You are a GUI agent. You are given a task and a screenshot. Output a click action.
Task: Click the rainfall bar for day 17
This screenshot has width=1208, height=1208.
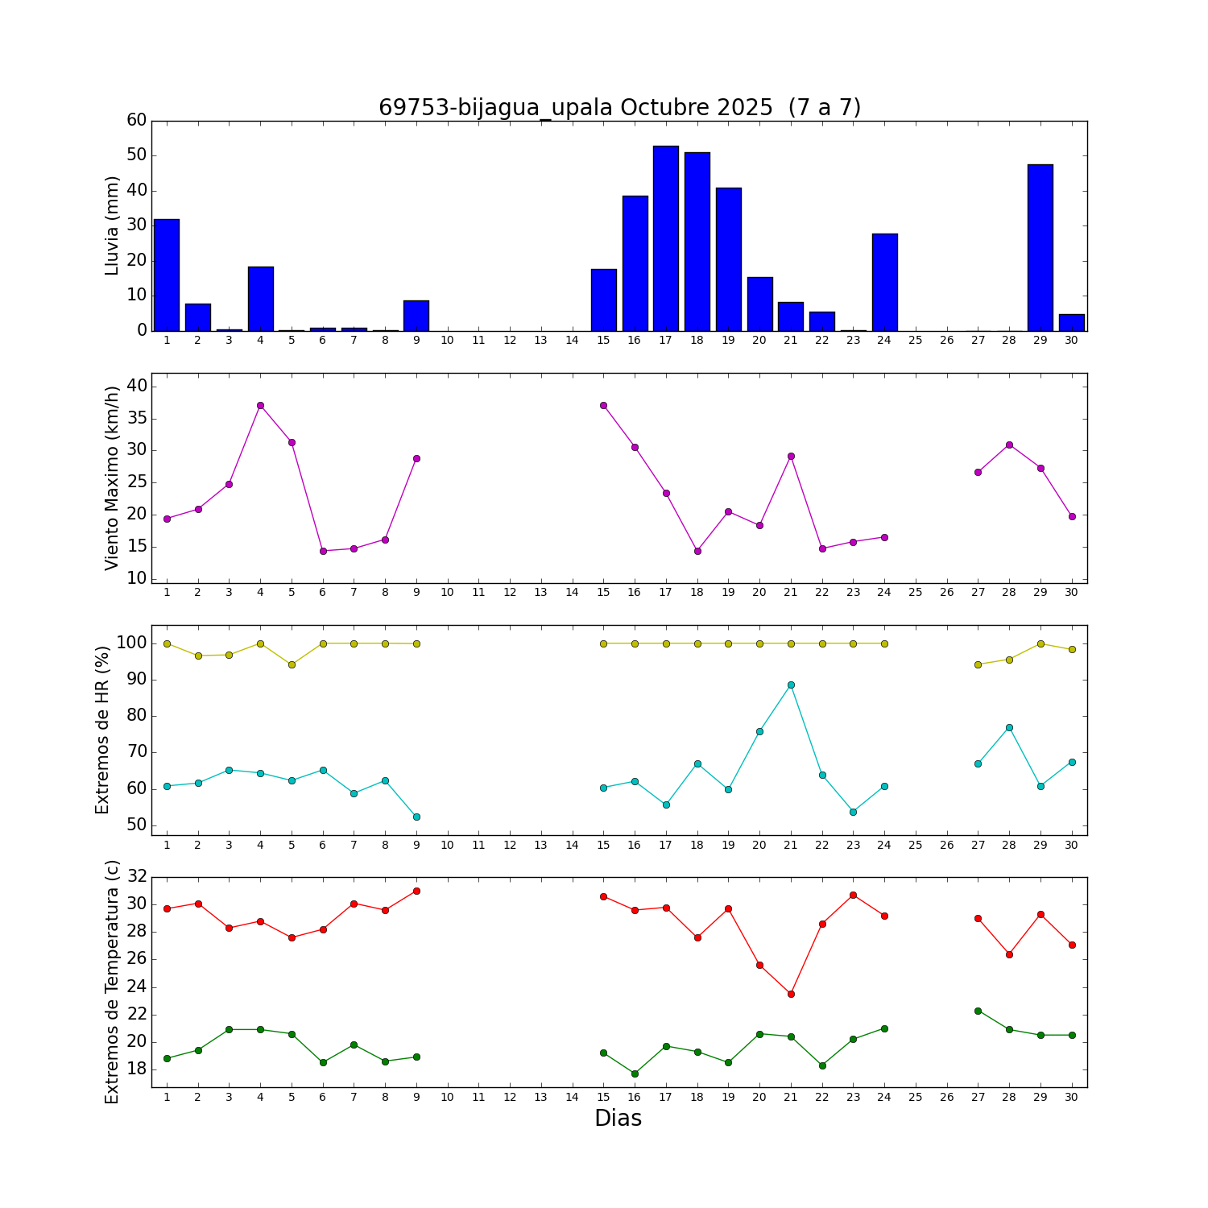[x=666, y=238]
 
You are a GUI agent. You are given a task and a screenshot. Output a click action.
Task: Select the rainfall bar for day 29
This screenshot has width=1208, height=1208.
[x=1040, y=248]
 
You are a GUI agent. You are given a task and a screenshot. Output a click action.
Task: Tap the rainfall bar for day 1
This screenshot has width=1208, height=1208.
[x=167, y=275]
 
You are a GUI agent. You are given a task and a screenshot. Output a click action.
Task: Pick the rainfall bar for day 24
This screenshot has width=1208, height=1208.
[x=884, y=282]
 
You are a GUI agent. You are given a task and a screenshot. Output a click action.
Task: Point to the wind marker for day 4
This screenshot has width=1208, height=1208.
[x=260, y=405]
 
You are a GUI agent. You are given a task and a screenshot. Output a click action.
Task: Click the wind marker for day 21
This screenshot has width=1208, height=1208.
[x=791, y=456]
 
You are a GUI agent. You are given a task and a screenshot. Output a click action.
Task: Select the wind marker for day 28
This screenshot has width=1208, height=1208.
[x=1009, y=445]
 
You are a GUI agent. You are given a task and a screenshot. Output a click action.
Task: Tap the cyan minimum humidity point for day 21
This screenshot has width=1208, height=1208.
[x=791, y=685]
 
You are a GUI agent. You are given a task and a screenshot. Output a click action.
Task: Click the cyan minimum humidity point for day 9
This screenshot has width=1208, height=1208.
[x=416, y=817]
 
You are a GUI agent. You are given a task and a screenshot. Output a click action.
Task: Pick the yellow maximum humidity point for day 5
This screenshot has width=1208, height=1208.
[x=292, y=664]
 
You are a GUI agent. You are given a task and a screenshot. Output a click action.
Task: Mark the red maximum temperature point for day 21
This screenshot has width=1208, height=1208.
[x=791, y=994]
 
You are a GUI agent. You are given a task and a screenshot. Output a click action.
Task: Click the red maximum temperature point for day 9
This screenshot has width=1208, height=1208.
[x=416, y=891]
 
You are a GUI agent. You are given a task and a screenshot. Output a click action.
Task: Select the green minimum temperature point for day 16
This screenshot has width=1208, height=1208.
[x=635, y=1074]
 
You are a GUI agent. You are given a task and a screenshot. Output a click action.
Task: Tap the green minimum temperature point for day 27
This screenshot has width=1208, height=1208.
[x=978, y=1011]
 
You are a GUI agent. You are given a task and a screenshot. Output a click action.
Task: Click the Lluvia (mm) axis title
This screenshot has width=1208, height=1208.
[x=112, y=225]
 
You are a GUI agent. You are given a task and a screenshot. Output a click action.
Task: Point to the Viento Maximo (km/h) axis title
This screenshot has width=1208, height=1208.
[x=112, y=478]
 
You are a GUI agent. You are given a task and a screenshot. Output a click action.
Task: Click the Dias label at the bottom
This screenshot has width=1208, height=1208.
[x=618, y=1118]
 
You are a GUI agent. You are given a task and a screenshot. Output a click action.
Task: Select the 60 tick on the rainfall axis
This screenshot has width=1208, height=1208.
[x=137, y=121]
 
